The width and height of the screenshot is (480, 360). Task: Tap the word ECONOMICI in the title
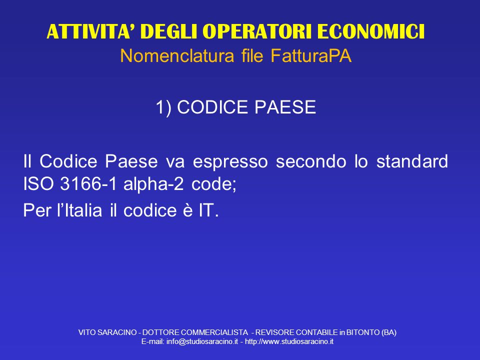coord(370,31)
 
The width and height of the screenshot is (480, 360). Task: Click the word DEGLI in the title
coord(168,31)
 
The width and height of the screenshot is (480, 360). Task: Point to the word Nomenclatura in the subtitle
coord(177,56)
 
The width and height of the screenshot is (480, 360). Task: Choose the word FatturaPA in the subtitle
coord(311,56)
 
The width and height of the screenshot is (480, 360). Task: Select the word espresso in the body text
coord(230,161)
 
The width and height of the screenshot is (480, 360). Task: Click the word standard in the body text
coord(412,161)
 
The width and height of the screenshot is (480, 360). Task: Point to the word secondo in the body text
coord(311,161)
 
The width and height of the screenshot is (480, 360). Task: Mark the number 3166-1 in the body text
coord(88,184)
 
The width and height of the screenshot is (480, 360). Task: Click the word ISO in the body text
coord(38,184)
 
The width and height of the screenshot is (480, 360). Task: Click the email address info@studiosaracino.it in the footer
coord(202,341)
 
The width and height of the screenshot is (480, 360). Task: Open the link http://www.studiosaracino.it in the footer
coord(289,341)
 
